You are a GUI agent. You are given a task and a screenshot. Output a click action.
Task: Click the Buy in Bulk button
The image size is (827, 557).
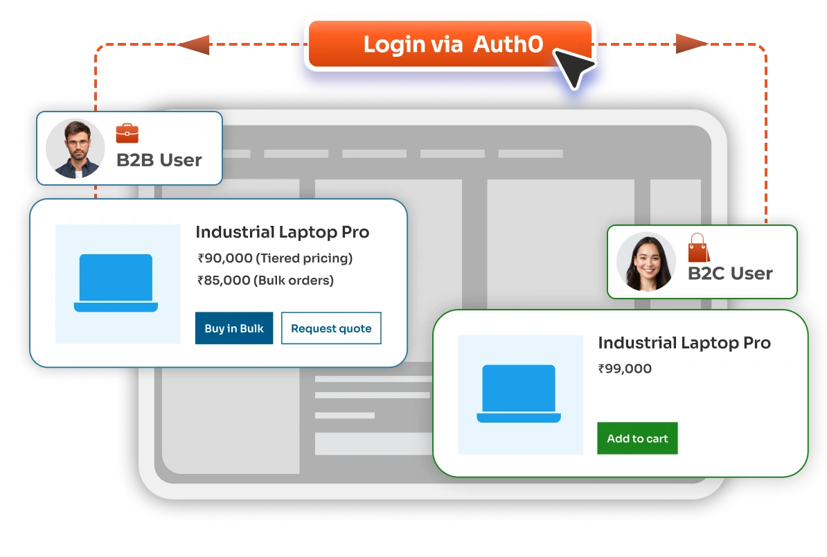234,328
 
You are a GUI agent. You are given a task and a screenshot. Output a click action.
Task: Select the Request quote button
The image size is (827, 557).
331,328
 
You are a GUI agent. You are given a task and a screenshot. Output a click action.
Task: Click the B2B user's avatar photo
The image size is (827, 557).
75,148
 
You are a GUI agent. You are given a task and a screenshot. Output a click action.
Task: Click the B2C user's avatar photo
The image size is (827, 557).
646,262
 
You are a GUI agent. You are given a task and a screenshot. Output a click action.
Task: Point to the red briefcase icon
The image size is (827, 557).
127,132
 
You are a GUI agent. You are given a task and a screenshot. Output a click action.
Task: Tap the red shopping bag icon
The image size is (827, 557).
698,248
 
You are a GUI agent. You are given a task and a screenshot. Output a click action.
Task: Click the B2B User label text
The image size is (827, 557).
159,160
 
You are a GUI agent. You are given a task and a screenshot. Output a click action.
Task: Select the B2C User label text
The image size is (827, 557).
730,273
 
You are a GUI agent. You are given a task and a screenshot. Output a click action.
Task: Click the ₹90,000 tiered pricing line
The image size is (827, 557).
275,258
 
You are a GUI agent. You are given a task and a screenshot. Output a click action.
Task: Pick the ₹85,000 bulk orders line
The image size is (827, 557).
265,281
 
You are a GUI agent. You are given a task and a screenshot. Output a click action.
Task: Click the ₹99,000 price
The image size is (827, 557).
625,369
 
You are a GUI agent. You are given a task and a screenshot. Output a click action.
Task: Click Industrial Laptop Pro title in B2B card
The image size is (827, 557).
282,232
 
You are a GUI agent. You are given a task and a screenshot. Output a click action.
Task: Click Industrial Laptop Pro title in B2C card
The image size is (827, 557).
684,343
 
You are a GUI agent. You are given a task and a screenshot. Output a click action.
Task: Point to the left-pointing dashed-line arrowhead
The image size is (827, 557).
201,45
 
